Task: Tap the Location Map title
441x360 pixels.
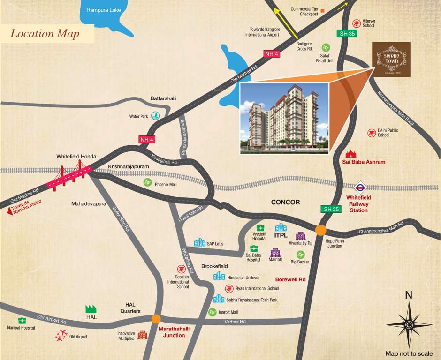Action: click(x=45, y=34)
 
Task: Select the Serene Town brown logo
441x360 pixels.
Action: click(x=391, y=59)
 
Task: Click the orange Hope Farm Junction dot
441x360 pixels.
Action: click(x=321, y=230)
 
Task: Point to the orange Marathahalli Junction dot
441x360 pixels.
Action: click(x=156, y=319)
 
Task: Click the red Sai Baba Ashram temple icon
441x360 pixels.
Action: click(x=350, y=154)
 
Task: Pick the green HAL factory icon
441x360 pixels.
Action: click(x=91, y=308)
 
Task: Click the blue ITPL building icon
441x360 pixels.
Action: click(x=281, y=227)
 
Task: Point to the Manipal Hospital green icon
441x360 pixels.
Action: click(x=21, y=320)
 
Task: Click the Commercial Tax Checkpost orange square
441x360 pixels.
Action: click(x=323, y=10)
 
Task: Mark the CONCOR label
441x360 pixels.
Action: click(x=285, y=202)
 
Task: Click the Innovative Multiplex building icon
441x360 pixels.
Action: click(x=142, y=335)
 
